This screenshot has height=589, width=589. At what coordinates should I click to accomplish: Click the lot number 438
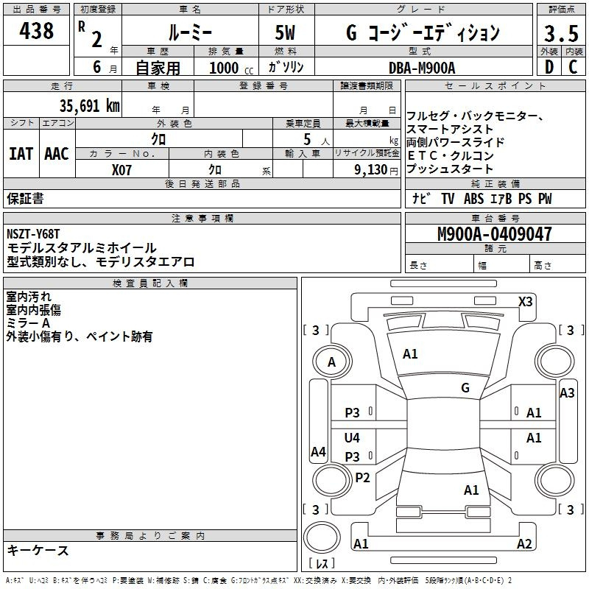click(x=36, y=30)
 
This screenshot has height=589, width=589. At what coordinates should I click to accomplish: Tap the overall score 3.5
click(x=561, y=33)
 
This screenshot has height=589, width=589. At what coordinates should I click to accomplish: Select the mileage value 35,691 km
click(x=89, y=106)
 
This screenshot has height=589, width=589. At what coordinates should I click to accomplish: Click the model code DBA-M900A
click(x=422, y=68)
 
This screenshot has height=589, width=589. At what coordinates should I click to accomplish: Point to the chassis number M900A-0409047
click(x=495, y=234)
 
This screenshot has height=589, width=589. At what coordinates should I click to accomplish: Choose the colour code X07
click(x=121, y=170)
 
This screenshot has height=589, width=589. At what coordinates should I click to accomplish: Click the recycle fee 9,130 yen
click(x=376, y=170)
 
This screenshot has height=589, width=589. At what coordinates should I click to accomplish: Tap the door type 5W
click(x=285, y=32)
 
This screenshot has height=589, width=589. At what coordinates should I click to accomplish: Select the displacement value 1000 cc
click(x=231, y=68)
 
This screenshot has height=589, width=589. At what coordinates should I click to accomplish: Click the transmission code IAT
click(x=21, y=154)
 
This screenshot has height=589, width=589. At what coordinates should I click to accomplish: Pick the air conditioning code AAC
click(x=57, y=154)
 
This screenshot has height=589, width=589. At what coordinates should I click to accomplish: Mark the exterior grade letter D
click(x=549, y=67)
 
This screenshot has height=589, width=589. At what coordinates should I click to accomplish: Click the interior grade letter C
click(x=573, y=67)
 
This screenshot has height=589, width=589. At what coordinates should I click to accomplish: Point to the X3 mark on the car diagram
click(x=526, y=302)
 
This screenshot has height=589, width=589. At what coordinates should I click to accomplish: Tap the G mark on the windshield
click(x=465, y=387)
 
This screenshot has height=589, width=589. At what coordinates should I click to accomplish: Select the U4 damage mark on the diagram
click(x=352, y=437)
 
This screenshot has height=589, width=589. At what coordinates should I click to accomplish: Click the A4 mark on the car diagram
click(x=318, y=451)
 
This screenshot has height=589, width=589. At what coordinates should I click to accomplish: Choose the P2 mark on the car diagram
click(x=362, y=477)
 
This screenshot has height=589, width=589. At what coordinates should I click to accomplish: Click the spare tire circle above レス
click(x=322, y=537)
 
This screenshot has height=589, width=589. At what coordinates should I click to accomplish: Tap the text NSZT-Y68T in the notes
click(x=33, y=234)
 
